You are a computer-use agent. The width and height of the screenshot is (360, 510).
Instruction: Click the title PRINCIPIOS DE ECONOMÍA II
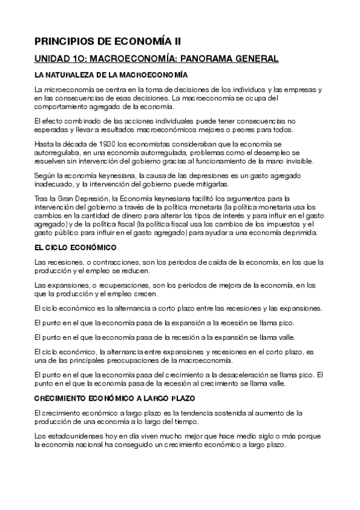click(107, 41)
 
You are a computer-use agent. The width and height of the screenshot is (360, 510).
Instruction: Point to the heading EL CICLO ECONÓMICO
click(75, 247)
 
